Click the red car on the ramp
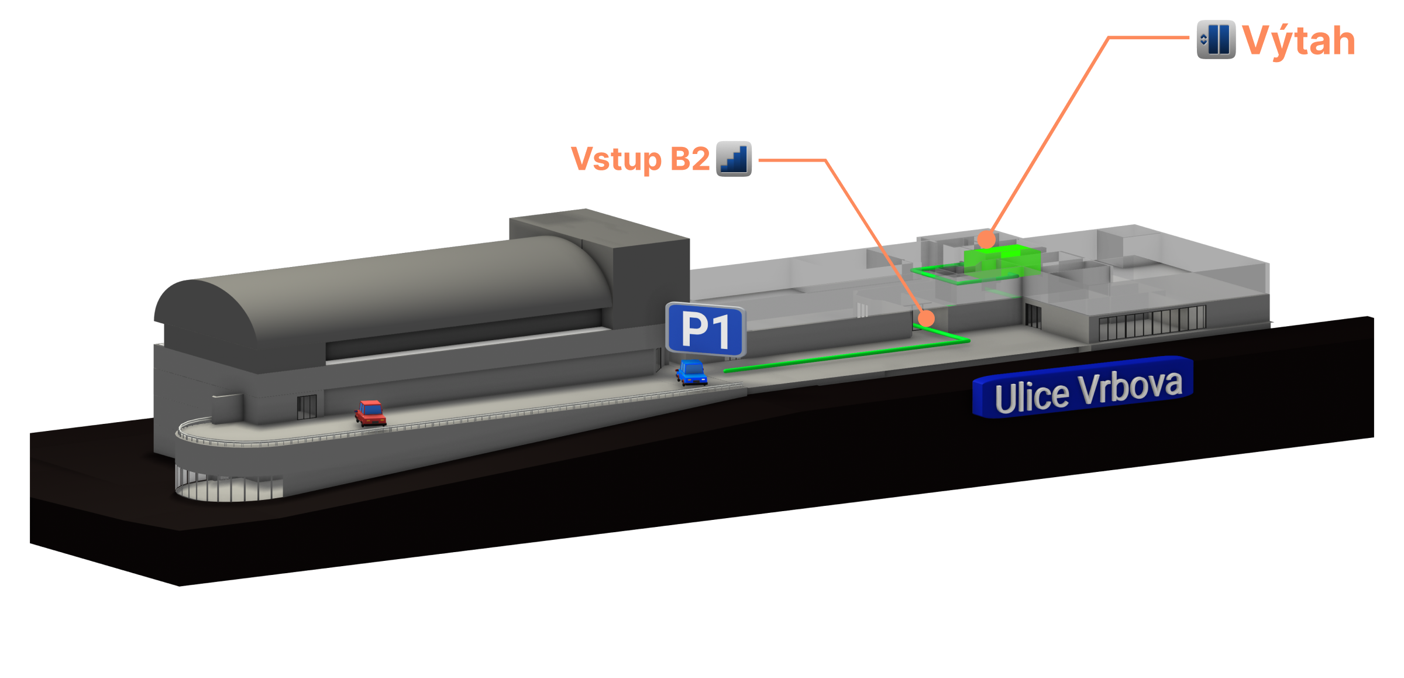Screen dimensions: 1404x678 click(370, 412)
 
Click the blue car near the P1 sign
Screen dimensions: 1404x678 click(691, 372)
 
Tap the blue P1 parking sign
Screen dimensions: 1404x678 click(706, 330)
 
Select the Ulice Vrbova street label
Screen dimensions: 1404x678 click(1083, 389)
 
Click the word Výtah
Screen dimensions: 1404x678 click(1298, 41)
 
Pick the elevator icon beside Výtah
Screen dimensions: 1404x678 click(1216, 39)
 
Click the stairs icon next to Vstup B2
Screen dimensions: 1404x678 click(734, 159)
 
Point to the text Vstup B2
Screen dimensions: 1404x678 click(640, 159)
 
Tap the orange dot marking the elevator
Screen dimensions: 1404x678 click(986, 239)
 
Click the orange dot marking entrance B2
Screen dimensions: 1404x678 click(926, 318)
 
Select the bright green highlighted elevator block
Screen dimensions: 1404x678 click(1003, 259)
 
